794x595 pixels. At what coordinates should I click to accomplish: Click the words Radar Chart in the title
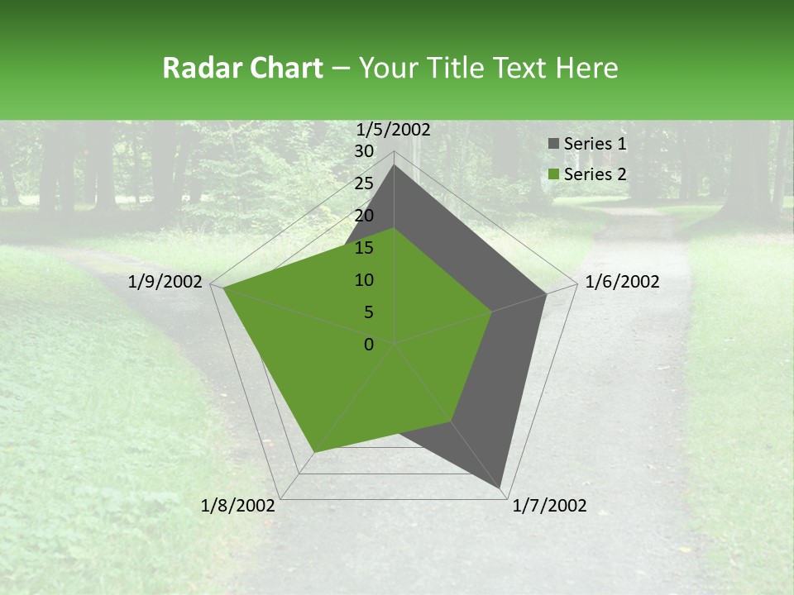[x=242, y=68]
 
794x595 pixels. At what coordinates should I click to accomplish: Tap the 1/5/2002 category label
[x=393, y=129]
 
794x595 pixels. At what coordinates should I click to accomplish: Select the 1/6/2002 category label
[x=622, y=282]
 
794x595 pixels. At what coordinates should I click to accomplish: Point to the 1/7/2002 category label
[x=549, y=506]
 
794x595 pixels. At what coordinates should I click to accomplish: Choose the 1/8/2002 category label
[x=238, y=506]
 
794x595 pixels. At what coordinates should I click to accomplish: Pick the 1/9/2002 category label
[x=165, y=282]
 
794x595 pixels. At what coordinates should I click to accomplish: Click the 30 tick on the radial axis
[x=364, y=151]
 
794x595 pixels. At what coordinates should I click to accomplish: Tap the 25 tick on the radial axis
[x=364, y=183]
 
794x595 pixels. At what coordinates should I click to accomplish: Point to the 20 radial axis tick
[x=364, y=216]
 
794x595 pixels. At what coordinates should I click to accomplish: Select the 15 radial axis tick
[x=364, y=248]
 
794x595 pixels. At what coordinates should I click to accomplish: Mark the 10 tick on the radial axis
[x=364, y=280]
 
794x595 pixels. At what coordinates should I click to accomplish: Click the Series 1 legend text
[x=595, y=144]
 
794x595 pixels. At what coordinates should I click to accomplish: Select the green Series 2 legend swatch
[x=553, y=174]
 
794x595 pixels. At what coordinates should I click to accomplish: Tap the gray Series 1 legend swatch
[x=553, y=145]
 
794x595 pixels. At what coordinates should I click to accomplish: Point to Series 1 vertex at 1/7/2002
[x=501, y=488]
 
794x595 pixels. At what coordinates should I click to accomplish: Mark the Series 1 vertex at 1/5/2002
[x=395, y=164]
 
